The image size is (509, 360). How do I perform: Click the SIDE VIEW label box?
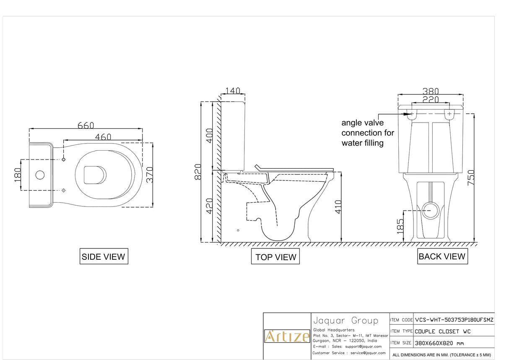104,256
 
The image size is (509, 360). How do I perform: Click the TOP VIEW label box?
275,257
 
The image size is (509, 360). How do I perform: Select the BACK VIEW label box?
442,256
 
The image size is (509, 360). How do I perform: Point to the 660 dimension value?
86,125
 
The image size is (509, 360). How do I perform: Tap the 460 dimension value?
103,137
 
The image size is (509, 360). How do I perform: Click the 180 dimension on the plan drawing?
17,175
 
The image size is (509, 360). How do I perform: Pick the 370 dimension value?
150,175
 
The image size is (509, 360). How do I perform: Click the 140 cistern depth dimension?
233,91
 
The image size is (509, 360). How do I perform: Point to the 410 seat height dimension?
339,206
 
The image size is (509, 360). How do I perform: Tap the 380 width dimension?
431,91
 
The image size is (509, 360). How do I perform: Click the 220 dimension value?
431,99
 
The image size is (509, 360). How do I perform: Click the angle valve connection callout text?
367,133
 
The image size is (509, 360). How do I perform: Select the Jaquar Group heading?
345,321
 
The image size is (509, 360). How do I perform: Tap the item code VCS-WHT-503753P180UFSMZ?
454,319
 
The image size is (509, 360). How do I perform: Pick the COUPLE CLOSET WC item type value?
443,331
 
